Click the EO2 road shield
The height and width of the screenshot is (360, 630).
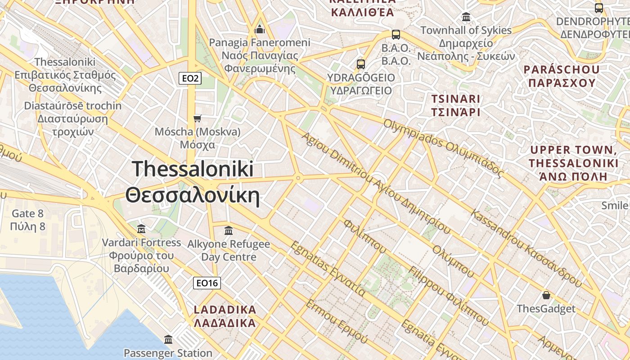(x=190, y=78)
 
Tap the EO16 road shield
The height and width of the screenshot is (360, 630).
(x=207, y=283)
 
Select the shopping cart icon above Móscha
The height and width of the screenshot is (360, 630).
(x=197, y=118)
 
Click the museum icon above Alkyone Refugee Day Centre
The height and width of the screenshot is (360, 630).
(x=229, y=230)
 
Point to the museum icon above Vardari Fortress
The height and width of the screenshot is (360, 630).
(x=141, y=229)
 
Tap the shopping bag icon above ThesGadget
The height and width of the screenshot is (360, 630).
(x=546, y=295)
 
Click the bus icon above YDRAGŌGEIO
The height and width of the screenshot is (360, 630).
(x=361, y=64)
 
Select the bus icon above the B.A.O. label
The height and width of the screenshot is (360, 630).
(x=396, y=34)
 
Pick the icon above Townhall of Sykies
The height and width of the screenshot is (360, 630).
(x=466, y=17)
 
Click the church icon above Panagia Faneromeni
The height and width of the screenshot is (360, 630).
(x=260, y=29)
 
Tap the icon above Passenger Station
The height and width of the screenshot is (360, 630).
(x=168, y=339)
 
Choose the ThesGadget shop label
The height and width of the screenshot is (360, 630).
(x=546, y=309)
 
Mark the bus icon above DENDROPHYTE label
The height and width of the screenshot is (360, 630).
(x=599, y=8)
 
